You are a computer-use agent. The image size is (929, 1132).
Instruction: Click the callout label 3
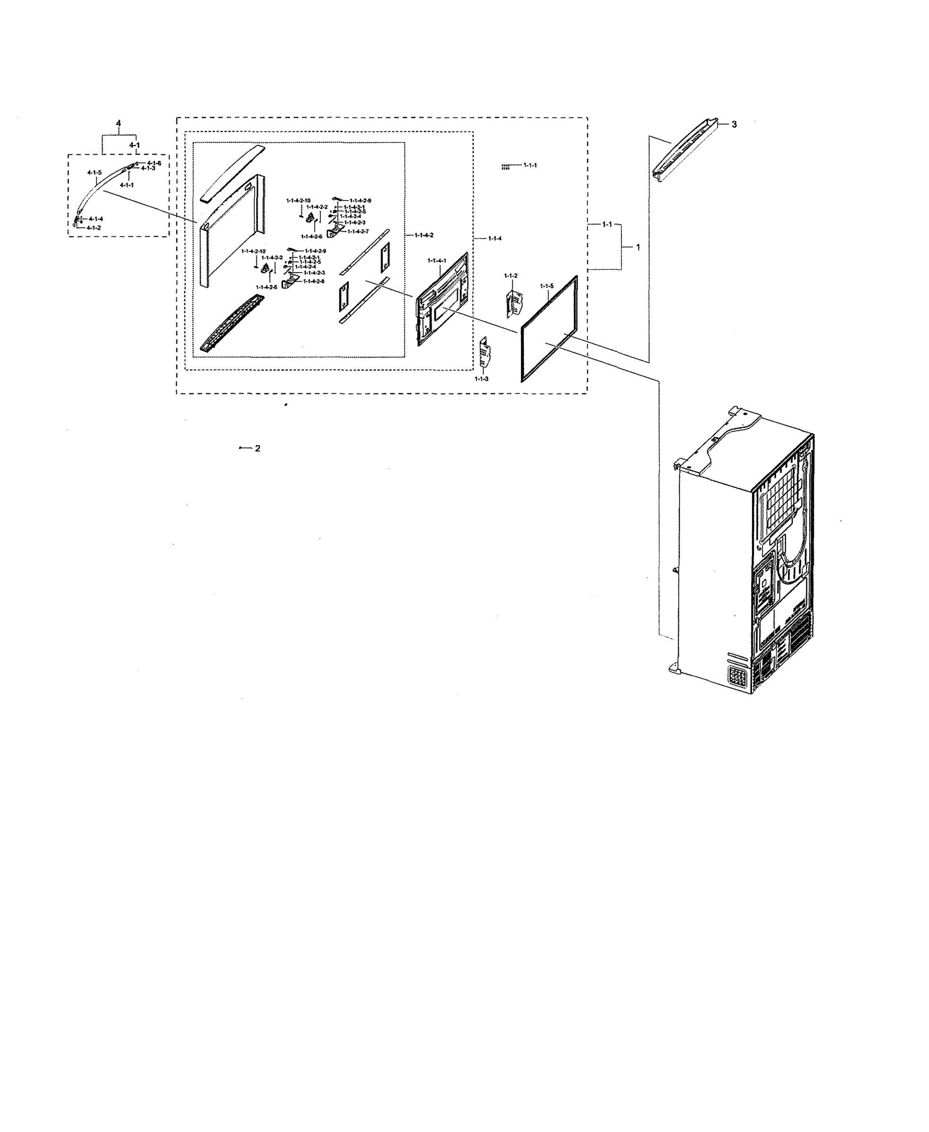[x=734, y=125]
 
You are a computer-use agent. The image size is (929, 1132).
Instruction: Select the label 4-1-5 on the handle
[x=94, y=173]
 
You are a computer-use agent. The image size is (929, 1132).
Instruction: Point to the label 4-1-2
[x=93, y=228]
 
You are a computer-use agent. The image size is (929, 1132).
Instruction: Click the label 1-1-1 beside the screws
[x=530, y=165]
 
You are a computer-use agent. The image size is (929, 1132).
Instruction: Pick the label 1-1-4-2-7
[x=358, y=231]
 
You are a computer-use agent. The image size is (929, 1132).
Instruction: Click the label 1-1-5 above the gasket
[x=546, y=286]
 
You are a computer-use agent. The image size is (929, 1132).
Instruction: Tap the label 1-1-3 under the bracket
[x=481, y=379]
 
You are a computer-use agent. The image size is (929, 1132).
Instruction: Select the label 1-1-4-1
[x=437, y=260]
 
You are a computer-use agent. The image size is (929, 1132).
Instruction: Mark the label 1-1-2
[x=511, y=275]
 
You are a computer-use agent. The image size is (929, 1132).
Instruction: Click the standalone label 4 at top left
[x=118, y=124]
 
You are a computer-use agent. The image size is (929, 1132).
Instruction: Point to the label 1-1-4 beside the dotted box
[x=494, y=238]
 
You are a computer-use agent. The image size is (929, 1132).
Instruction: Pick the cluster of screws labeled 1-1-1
[x=505, y=167]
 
